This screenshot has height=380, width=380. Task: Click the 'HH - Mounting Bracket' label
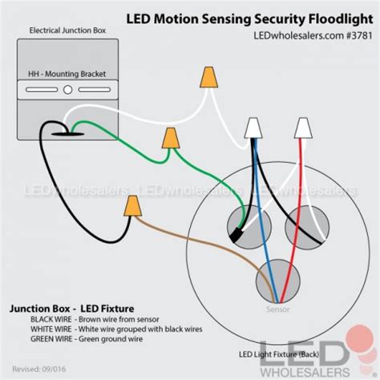[68, 74]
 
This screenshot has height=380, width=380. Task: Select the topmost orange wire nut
[208, 77]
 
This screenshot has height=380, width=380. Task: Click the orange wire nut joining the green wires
[170, 139]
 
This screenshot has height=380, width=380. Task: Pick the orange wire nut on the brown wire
[131, 208]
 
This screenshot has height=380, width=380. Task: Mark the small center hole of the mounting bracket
[68, 91]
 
